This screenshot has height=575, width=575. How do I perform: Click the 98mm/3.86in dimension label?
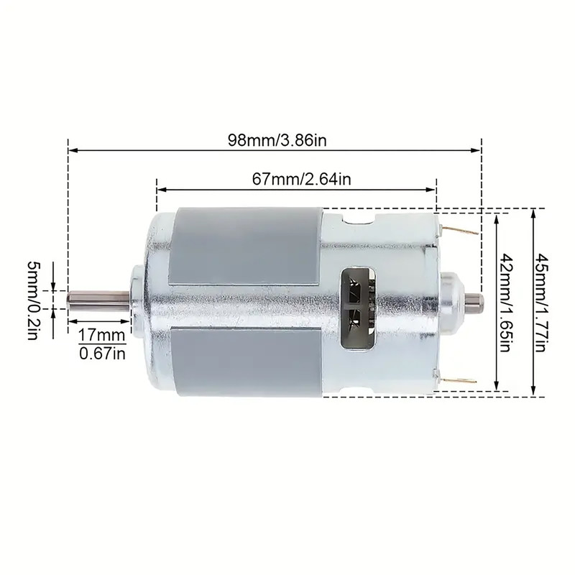coord(277,140)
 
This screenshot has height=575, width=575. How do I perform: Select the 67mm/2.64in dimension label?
coord(301,179)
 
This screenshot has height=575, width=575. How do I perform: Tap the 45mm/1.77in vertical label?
coord(540,303)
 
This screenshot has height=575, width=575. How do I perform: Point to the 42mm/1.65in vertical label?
coord(505,303)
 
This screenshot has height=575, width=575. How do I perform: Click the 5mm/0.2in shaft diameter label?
coord(34,300)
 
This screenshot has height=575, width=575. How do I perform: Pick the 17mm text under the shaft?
coord(101,335)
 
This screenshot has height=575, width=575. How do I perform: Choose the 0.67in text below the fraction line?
coord(102,354)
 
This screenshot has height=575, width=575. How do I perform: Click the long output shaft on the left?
coord(98,300)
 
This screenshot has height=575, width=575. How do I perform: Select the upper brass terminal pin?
coord(460,230)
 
